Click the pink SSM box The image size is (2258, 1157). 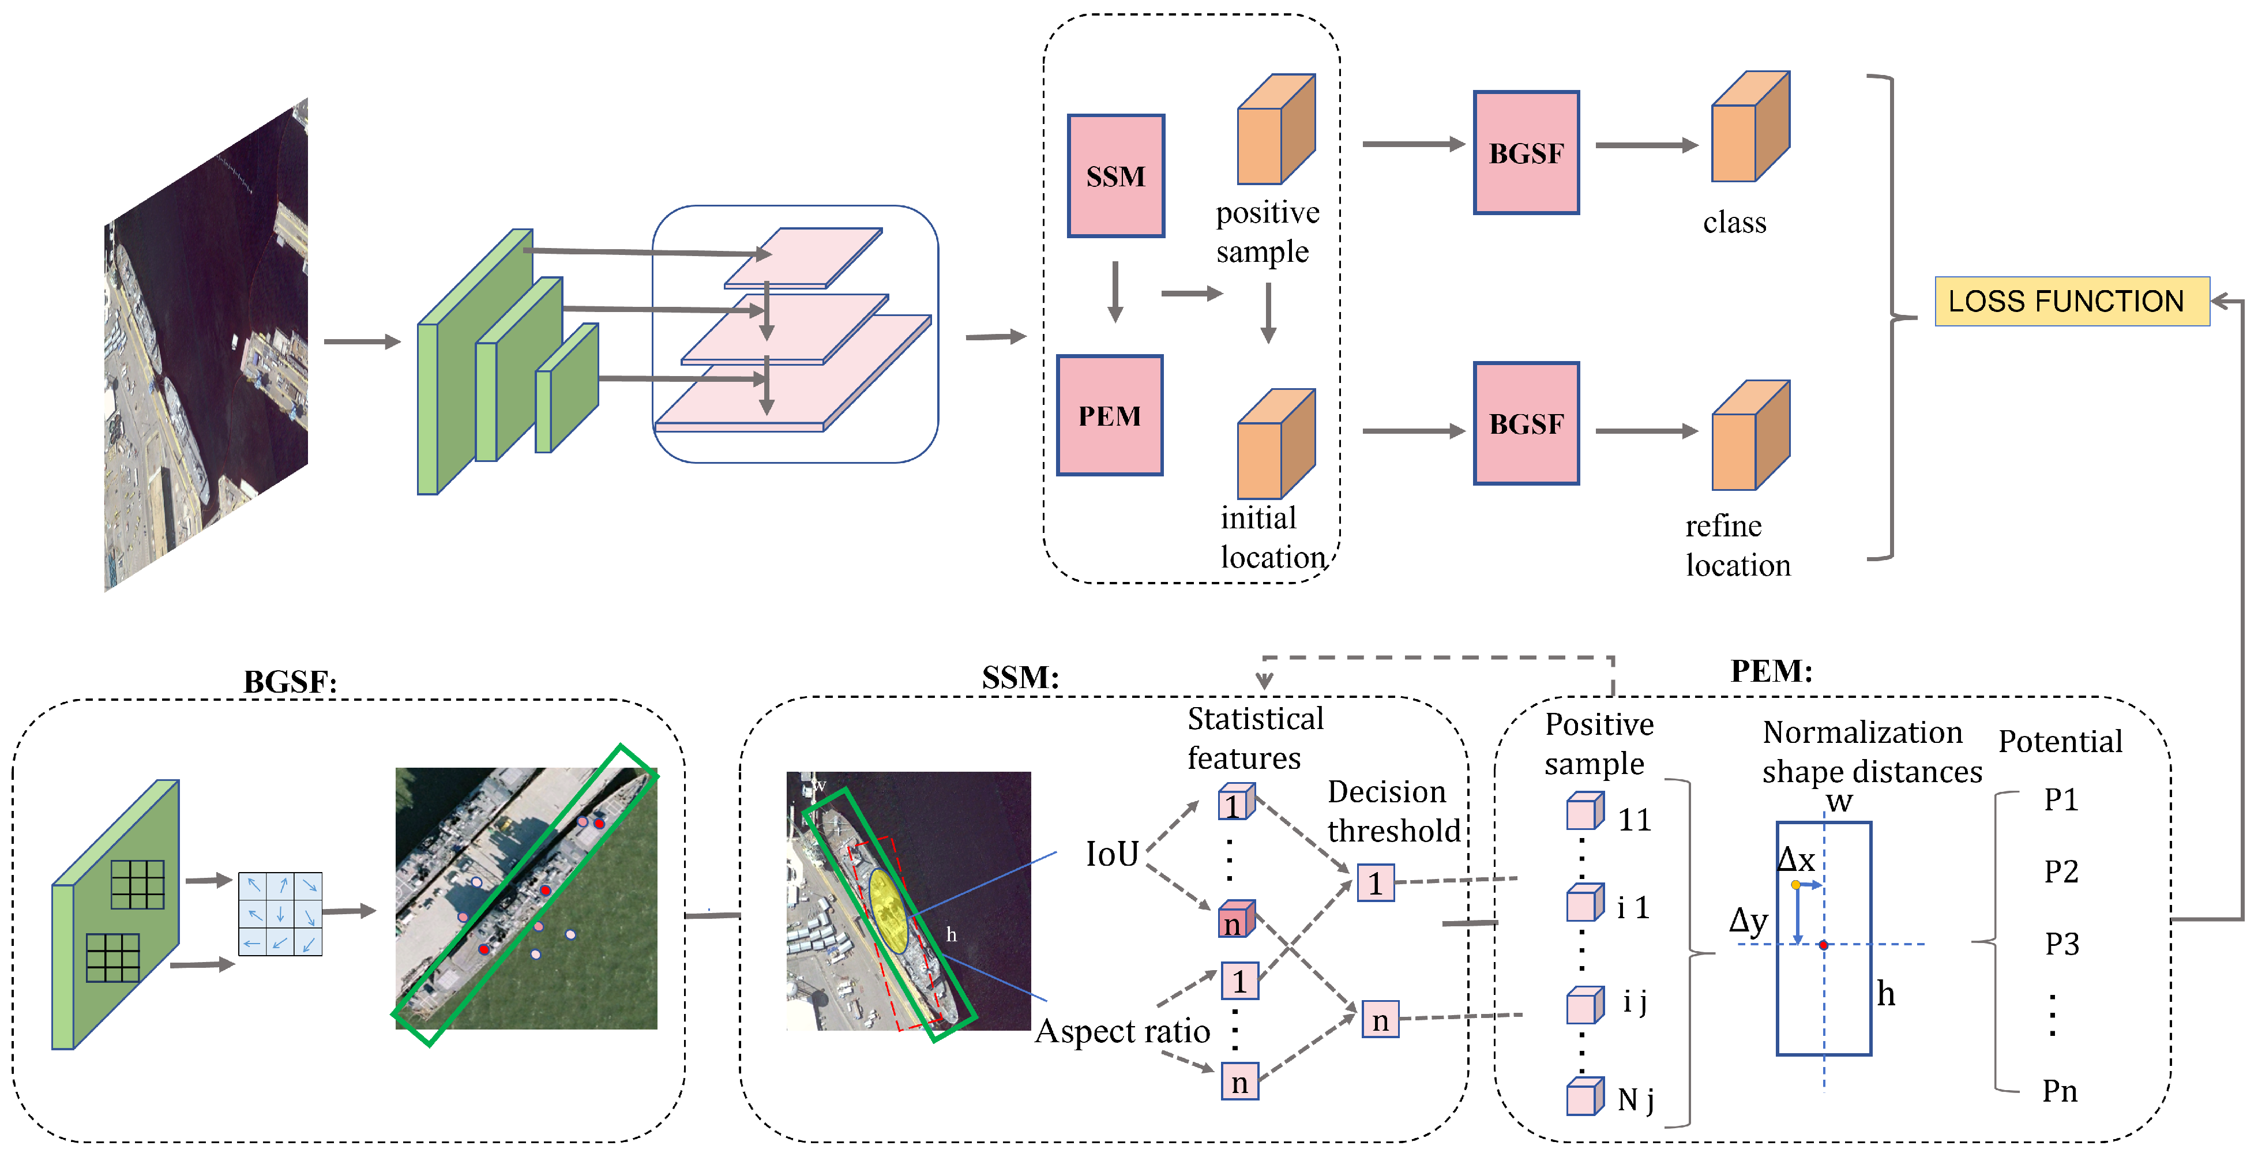point(1115,175)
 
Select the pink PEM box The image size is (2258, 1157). point(1109,415)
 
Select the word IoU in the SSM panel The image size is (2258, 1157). point(1111,854)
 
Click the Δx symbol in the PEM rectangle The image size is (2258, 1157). point(1795,859)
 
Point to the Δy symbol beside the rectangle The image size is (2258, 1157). point(1748,921)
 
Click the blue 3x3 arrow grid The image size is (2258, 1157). point(280,914)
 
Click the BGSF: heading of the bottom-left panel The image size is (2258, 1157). point(290,682)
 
